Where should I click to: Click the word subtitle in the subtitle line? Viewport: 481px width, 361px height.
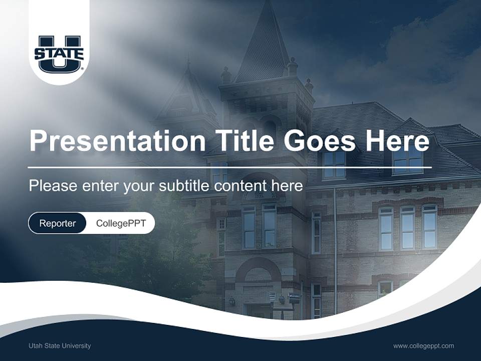[x=184, y=186]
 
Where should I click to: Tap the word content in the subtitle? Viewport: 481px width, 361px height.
[x=240, y=186]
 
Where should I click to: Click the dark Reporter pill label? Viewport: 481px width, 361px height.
[x=58, y=223]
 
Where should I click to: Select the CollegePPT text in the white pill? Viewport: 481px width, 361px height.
[x=121, y=223]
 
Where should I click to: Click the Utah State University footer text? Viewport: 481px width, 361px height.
[x=60, y=345]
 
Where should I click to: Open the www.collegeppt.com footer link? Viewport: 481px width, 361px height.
[x=423, y=345]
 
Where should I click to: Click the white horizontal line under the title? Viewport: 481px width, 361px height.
[x=230, y=167]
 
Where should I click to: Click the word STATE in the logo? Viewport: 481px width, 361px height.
[x=59, y=53]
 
